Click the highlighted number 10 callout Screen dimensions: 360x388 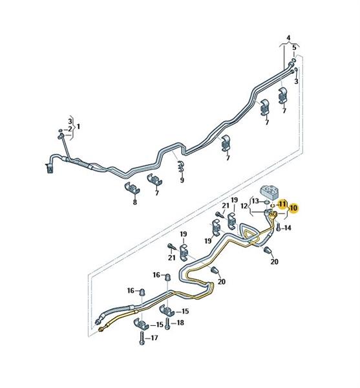click(293, 208)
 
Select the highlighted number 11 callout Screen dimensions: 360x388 click(282, 204)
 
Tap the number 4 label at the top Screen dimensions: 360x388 click(288, 38)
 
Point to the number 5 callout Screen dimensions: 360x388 click(294, 47)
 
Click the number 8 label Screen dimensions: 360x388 click(134, 202)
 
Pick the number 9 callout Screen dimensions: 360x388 click(182, 180)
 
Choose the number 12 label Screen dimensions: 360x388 click(244, 206)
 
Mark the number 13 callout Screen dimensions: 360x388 click(255, 200)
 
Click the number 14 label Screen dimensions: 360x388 click(287, 228)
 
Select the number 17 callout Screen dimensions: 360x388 click(154, 338)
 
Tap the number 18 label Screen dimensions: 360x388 click(180, 323)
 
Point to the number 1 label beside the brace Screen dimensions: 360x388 click(78, 127)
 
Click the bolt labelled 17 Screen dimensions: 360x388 click(142, 338)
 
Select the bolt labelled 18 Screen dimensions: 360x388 click(168, 323)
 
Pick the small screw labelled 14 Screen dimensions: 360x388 click(279, 227)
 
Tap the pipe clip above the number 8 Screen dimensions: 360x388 click(132, 189)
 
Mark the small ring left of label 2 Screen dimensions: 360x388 click(61, 130)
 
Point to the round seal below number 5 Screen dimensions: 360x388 click(293, 60)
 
